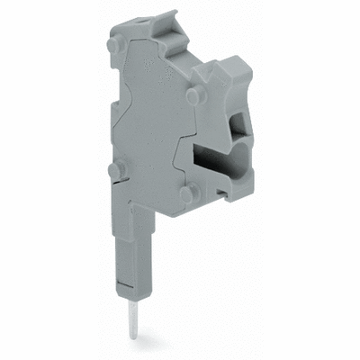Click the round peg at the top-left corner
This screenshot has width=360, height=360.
(x=112, y=43)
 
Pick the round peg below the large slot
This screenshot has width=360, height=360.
(x=185, y=193)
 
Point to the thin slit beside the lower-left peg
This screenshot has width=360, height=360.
(x=126, y=176)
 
